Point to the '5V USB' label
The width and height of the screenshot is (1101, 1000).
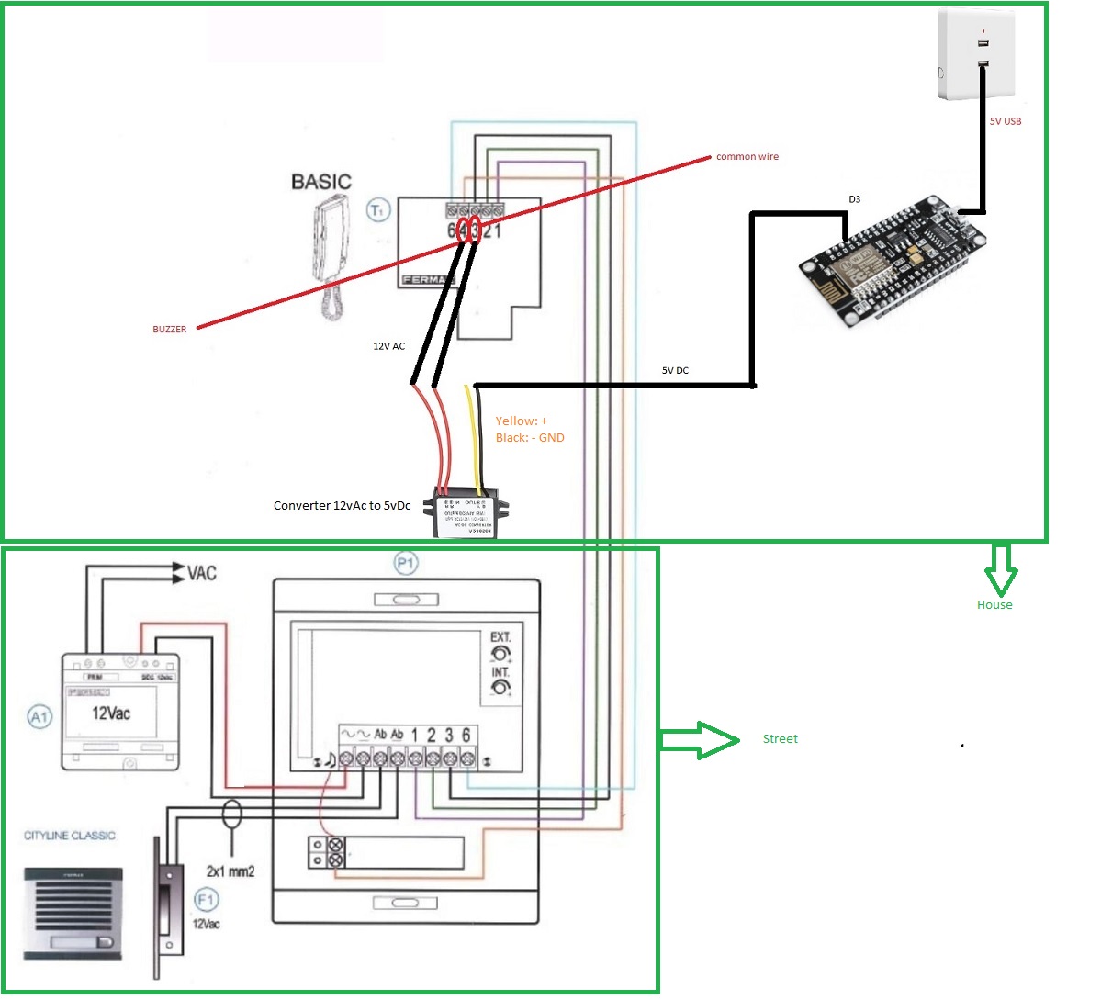1006,121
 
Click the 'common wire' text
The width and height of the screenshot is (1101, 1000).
747,157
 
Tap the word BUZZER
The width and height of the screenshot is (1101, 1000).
170,329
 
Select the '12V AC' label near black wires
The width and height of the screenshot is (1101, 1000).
388,346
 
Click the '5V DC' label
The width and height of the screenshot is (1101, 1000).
675,370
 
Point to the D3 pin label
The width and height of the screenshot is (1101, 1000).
854,199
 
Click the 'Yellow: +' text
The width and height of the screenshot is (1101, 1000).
522,421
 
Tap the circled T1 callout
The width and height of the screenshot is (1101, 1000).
378,210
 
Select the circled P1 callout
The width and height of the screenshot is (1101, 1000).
406,563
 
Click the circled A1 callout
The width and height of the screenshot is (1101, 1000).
39,716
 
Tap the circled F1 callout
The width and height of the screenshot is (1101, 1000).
206,900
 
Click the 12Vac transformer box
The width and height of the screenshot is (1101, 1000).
119,711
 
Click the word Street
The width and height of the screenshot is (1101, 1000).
780,738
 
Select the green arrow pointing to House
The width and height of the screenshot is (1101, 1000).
1000,568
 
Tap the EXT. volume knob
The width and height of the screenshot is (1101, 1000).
500,654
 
